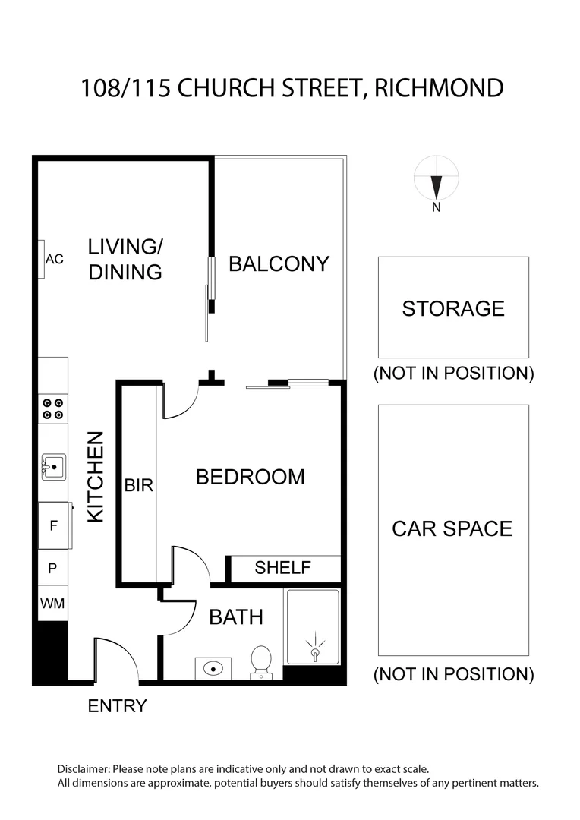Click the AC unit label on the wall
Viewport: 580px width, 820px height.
[53, 259]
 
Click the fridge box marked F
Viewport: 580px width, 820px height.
[53, 524]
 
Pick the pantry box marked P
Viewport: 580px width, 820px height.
[53, 567]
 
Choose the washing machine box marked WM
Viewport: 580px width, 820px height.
[53, 604]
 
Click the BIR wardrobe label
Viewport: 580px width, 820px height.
[139, 485]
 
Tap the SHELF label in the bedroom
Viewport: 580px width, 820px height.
[282, 568]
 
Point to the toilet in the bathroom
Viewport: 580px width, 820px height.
[260, 661]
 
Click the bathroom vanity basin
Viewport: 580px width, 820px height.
[214, 669]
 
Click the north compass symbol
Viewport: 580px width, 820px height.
[436, 183]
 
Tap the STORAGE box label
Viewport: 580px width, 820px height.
[453, 308]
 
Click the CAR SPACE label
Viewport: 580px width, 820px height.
[452, 528]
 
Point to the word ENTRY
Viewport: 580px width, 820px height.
[117, 706]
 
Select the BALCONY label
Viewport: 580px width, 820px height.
[279, 263]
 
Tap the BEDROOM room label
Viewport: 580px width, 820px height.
[250, 477]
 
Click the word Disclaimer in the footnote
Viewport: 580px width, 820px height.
[84, 769]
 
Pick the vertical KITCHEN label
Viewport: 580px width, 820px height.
[95, 477]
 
